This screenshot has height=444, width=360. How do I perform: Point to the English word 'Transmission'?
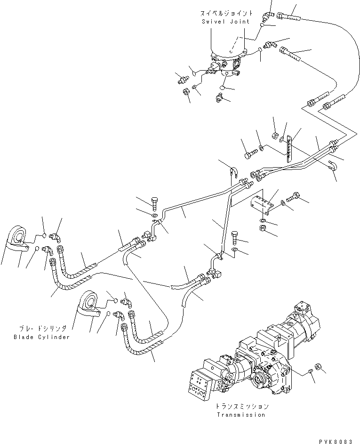241,415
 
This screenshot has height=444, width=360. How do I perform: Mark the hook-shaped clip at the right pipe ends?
332,165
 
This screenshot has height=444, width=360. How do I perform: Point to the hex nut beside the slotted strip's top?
274,136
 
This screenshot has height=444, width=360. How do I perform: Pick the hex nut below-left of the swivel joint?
186,91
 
